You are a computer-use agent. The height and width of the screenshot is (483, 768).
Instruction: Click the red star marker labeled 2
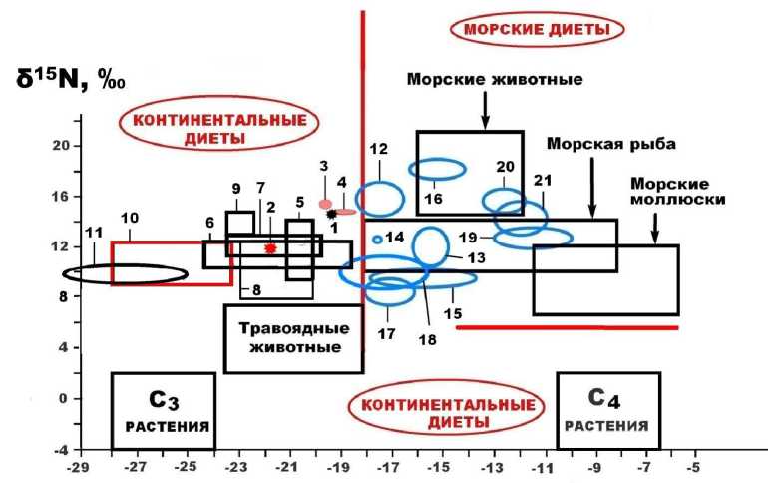click(270, 247)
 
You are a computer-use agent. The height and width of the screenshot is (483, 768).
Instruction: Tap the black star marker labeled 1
click(331, 214)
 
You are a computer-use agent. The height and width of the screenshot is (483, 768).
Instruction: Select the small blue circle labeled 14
click(377, 239)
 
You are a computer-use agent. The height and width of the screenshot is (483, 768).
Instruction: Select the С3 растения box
click(163, 411)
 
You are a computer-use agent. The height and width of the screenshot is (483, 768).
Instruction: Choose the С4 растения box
click(608, 411)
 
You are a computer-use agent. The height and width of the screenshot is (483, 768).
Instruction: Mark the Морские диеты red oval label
click(537, 29)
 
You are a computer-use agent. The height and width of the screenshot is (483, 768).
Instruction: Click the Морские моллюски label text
click(669, 192)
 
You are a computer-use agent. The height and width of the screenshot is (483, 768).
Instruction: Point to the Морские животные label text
click(494, 79)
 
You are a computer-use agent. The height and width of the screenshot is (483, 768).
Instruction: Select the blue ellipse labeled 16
click(438, 170)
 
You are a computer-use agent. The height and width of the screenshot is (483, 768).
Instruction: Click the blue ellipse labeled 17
click(389, 290)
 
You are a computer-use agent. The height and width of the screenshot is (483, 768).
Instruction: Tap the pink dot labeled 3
click(325, 204)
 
